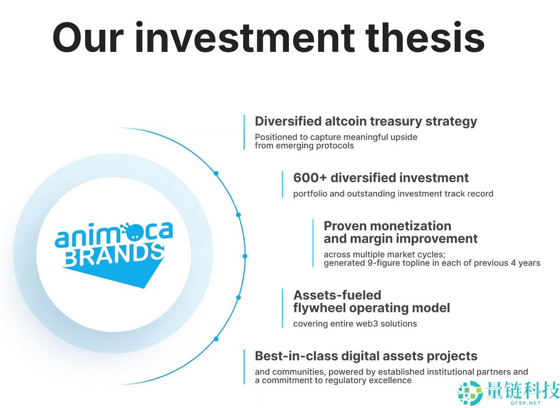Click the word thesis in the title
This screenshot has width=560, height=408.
coord(425,37)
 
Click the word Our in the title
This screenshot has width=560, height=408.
coord(88,37)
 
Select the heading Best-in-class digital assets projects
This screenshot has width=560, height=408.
coord(366,356)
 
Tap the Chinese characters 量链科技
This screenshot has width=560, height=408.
coord(523,390)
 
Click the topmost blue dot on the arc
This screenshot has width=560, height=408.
coord(216,173)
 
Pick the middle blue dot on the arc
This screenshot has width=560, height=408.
coord(245,256)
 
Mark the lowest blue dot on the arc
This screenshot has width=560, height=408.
coord(216,339)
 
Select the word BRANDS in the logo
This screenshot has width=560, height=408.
coord(114,255)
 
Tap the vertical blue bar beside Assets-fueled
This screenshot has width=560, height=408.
coord(282,308)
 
